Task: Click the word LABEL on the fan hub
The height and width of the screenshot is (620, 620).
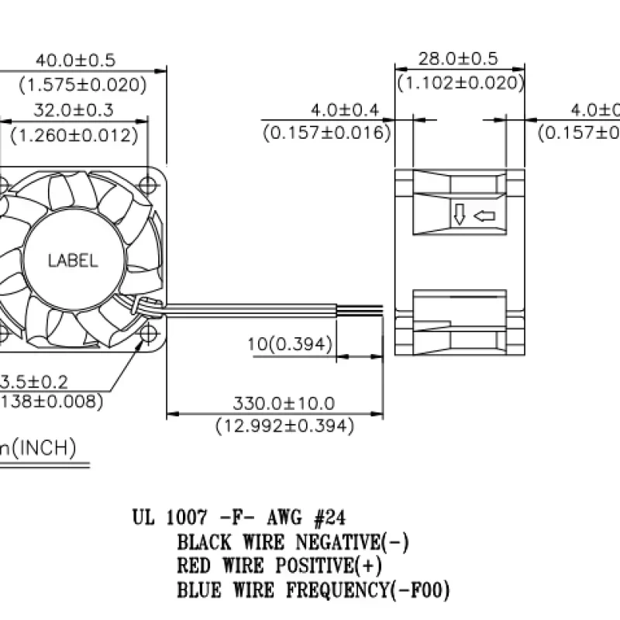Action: pos(73,261)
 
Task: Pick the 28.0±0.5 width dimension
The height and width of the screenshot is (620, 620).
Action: pos(458,59)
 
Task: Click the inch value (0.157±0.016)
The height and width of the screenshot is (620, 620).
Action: pos(325,133)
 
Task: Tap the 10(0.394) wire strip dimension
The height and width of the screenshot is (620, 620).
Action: pos(291,343)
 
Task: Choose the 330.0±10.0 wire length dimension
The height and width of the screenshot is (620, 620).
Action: pos(284,403)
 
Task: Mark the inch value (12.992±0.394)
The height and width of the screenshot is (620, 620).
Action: pos(284,425)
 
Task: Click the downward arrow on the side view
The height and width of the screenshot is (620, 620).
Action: pos(460,215)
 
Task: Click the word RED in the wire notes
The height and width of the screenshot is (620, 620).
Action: pos(194,566)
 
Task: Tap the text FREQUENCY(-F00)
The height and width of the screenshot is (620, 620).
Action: pos(368,591)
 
